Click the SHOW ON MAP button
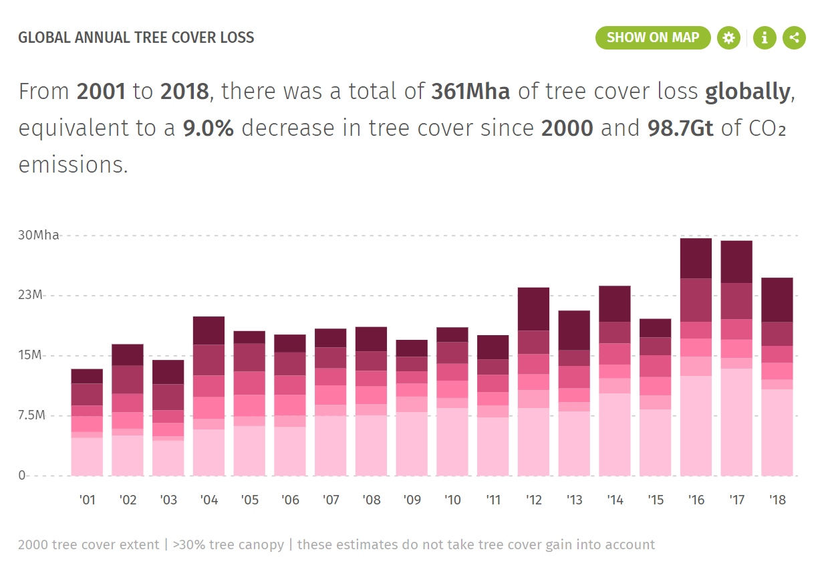(652, 37)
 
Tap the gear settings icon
(728, 37)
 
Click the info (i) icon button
(765, 37)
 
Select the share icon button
(794, 37)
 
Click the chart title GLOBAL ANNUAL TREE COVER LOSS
(136, 37)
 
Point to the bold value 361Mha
(470, 92)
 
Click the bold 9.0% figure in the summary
(208, 128)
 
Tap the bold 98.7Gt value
(680, 128)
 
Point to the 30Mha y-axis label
(38, 235)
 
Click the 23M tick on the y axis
(31, 295)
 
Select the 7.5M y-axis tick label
(31, 415)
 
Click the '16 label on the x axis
(696, 500)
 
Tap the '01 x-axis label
(87, 500)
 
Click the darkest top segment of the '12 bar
(533, 309)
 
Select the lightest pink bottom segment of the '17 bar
(736, 422)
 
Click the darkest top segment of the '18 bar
(777, 300)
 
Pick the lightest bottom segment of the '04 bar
(209, 452)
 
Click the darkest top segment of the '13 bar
(574, 330)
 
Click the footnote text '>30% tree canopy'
(228, 545)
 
